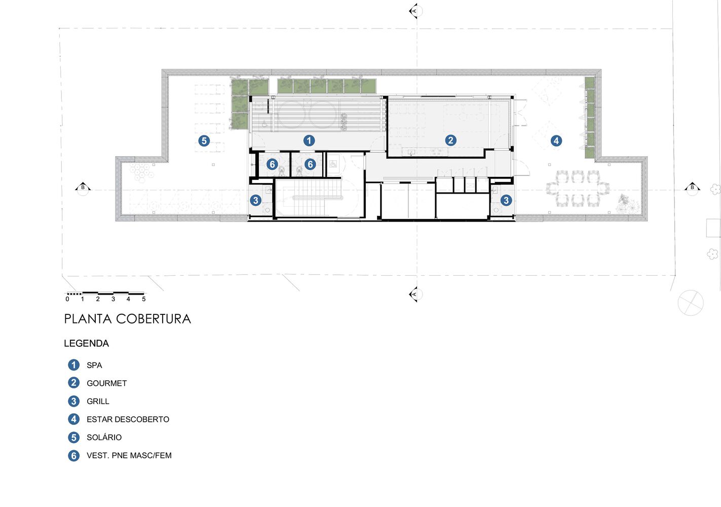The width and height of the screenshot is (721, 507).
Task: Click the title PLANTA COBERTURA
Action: coord(127,319)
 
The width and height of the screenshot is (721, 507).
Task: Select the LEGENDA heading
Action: coord(86,343)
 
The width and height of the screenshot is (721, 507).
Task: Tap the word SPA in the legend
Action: coord(94,365)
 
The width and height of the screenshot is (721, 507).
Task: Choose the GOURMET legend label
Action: coord(106,383)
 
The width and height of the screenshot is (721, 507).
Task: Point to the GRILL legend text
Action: coord(98,401)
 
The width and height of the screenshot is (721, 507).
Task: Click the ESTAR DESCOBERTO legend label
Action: coord(128,419)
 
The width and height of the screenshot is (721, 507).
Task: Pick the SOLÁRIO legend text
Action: coord(104,437)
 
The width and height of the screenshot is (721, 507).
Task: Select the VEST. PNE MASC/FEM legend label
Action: coord(129,455)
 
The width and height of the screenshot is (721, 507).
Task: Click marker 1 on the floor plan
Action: coord(309,140)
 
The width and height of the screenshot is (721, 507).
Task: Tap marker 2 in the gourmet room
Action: coord(450,140)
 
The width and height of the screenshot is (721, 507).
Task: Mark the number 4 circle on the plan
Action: coord(556,140)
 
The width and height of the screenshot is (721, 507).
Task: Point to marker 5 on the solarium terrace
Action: coord(204,140)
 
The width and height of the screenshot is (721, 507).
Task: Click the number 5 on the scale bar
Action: coord(144,299)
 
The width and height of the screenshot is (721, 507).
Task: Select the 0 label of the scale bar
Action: coord(67,299)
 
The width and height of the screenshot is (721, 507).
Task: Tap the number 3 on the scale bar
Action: coord(113,299)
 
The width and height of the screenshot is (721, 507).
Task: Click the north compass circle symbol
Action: coord(691,303)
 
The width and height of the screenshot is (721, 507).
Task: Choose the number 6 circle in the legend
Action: coord(73,455)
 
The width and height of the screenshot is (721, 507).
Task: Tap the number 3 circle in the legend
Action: coord(73,401)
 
